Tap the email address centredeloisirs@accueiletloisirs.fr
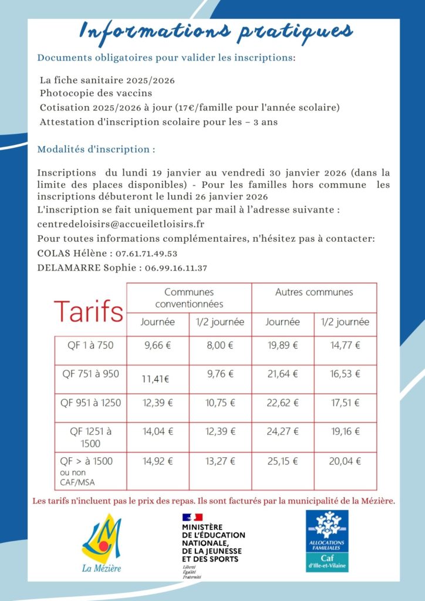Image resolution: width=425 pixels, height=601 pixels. click(120, 224)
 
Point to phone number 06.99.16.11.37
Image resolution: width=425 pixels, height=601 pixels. click(176, 268)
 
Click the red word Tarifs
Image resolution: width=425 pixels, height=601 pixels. click(89, 311)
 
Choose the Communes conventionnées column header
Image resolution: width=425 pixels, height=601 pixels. click(189, 298)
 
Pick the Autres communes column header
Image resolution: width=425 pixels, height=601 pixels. click(314, 292)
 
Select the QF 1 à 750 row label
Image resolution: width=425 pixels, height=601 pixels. click(90, 345)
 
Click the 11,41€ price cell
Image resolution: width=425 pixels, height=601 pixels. click(156, 379)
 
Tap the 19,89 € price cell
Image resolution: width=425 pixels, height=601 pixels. click(283, 345)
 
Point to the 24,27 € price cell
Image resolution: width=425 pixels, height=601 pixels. click(283, 431)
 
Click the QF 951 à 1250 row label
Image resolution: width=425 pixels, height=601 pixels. click(90, 403)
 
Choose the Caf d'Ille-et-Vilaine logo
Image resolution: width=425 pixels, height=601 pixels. click(328, 541)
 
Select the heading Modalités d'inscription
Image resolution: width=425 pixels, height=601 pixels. click(96, 149)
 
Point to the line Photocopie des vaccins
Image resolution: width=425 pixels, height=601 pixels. click(96, 93)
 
